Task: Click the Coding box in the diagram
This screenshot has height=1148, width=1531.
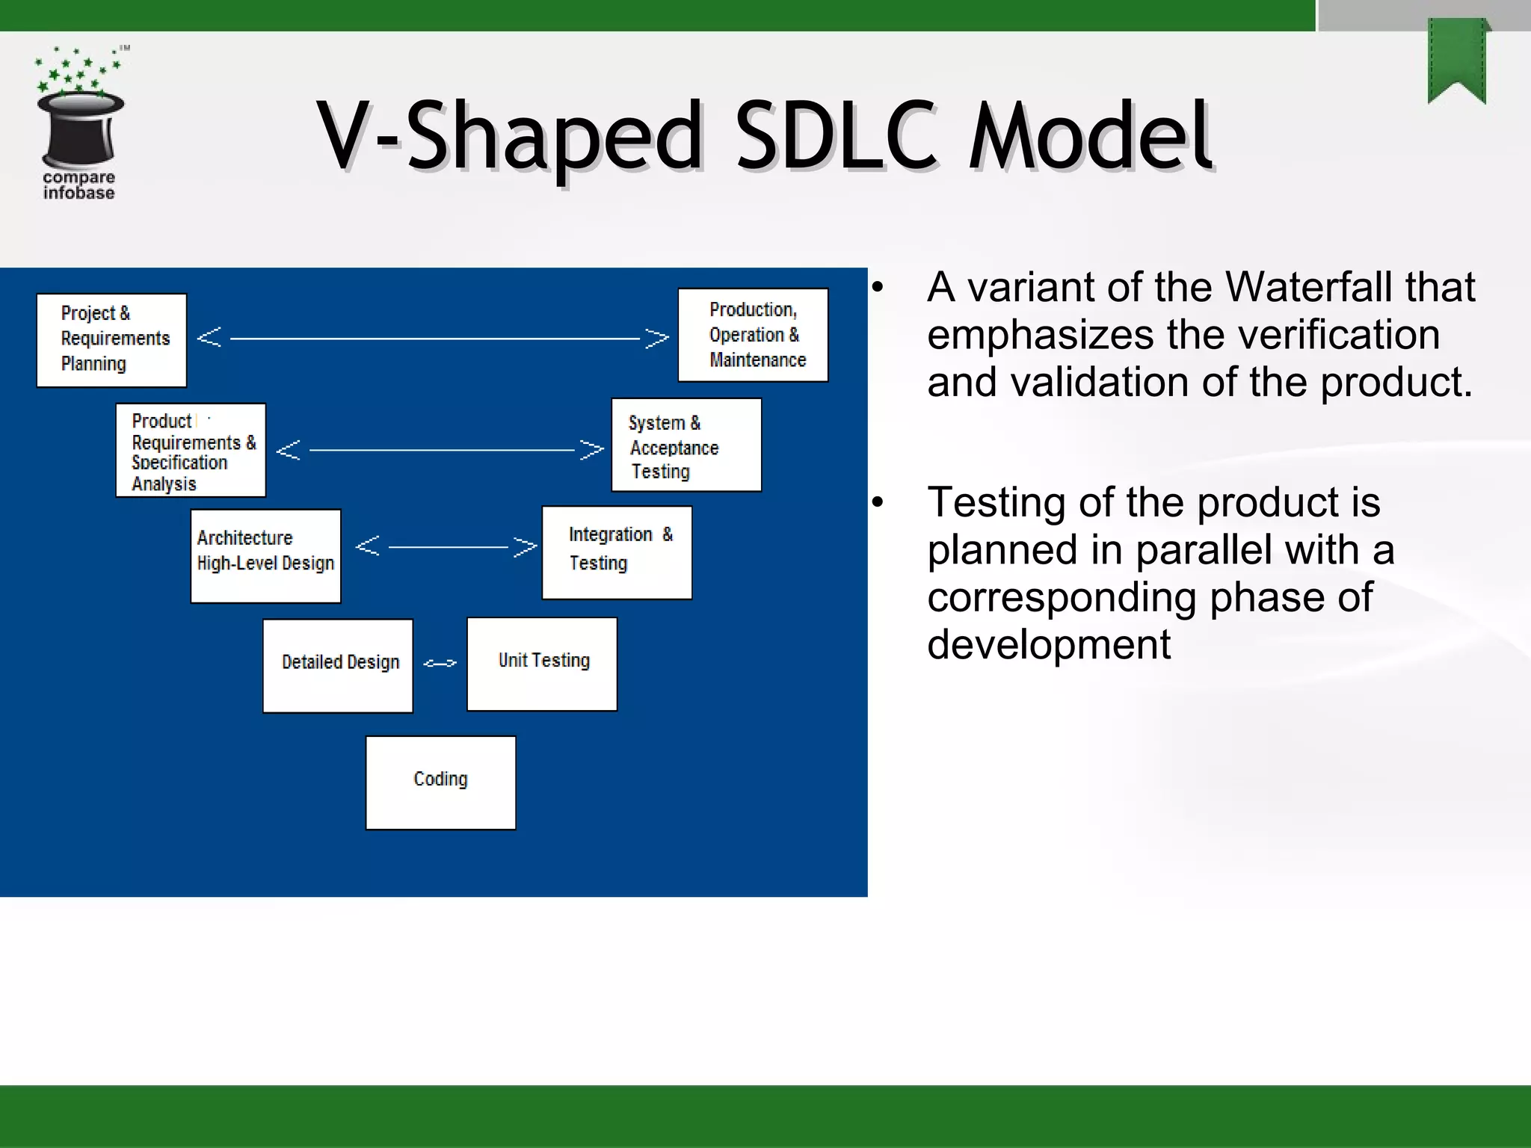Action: point(440,782)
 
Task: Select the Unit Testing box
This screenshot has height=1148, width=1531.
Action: point(542,664)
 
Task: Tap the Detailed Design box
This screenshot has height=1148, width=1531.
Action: point(338,665)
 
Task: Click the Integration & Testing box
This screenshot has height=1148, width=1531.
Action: point(617,552)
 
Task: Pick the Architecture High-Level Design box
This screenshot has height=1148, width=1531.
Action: point(265,555)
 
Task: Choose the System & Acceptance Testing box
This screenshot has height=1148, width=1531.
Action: point(686,445)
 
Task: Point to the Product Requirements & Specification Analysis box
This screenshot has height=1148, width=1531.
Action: point(191,450)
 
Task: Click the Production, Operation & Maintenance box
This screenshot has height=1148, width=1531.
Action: point(753,335)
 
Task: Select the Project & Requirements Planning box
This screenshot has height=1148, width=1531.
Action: point(111,340)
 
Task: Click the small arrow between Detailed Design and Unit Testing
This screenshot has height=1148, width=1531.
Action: point(440,663)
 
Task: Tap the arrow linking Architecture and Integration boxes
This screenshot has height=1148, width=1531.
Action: point(446,546)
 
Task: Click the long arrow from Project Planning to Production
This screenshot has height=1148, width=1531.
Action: point(434,338)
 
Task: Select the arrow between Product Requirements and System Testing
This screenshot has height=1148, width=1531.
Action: point(441,450)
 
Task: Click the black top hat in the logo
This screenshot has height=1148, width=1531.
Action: point(80,127)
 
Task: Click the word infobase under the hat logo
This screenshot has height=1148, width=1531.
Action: point(78,193)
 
